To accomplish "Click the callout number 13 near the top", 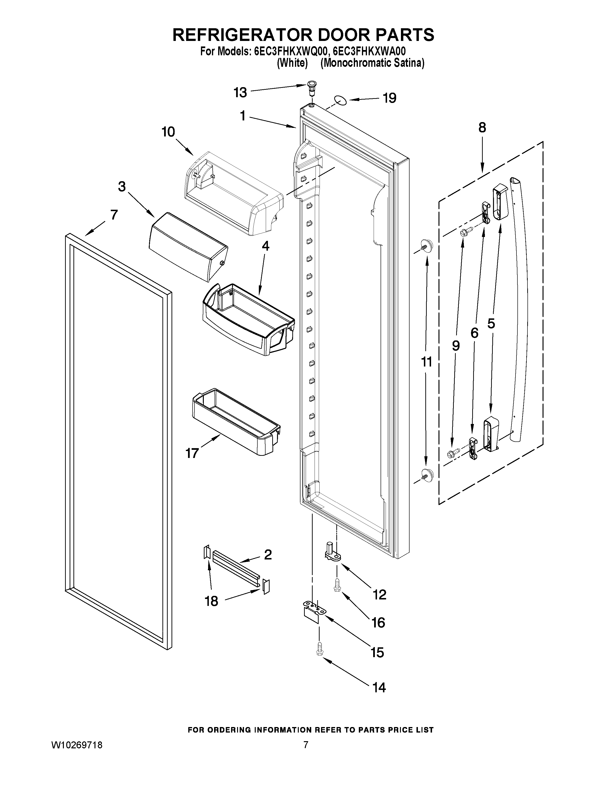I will tap(240, 93).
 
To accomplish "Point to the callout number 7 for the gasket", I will tap(114, 215).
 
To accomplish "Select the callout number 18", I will tap(211, 601).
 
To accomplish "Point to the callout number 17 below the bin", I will tap(192, 453).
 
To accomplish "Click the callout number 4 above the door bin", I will tap(265, 246).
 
